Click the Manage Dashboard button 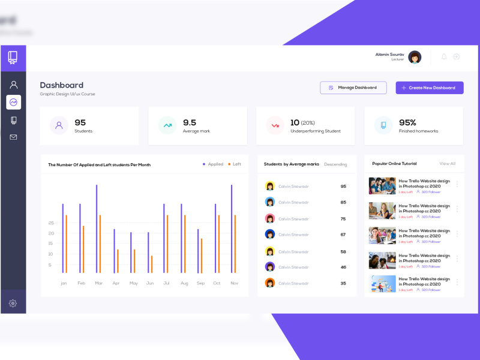click(353, 88)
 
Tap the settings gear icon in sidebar click(13, 304)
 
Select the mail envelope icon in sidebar click(13, 137)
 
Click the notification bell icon click(444, 56)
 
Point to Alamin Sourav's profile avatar click(415, 57)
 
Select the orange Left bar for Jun click(151, 264)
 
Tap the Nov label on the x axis click(234, 283)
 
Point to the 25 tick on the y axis click(51, 223)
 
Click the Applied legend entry click(213, 164)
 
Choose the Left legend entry click(235, 164)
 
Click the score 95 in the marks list click(343, 186)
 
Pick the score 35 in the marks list click(343, 283)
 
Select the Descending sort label click(335, 164)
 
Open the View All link click(447, 163)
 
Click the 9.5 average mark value click(190, 122)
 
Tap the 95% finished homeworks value click(407, 122)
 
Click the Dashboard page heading click(62, 85)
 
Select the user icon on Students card click(59, 125)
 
